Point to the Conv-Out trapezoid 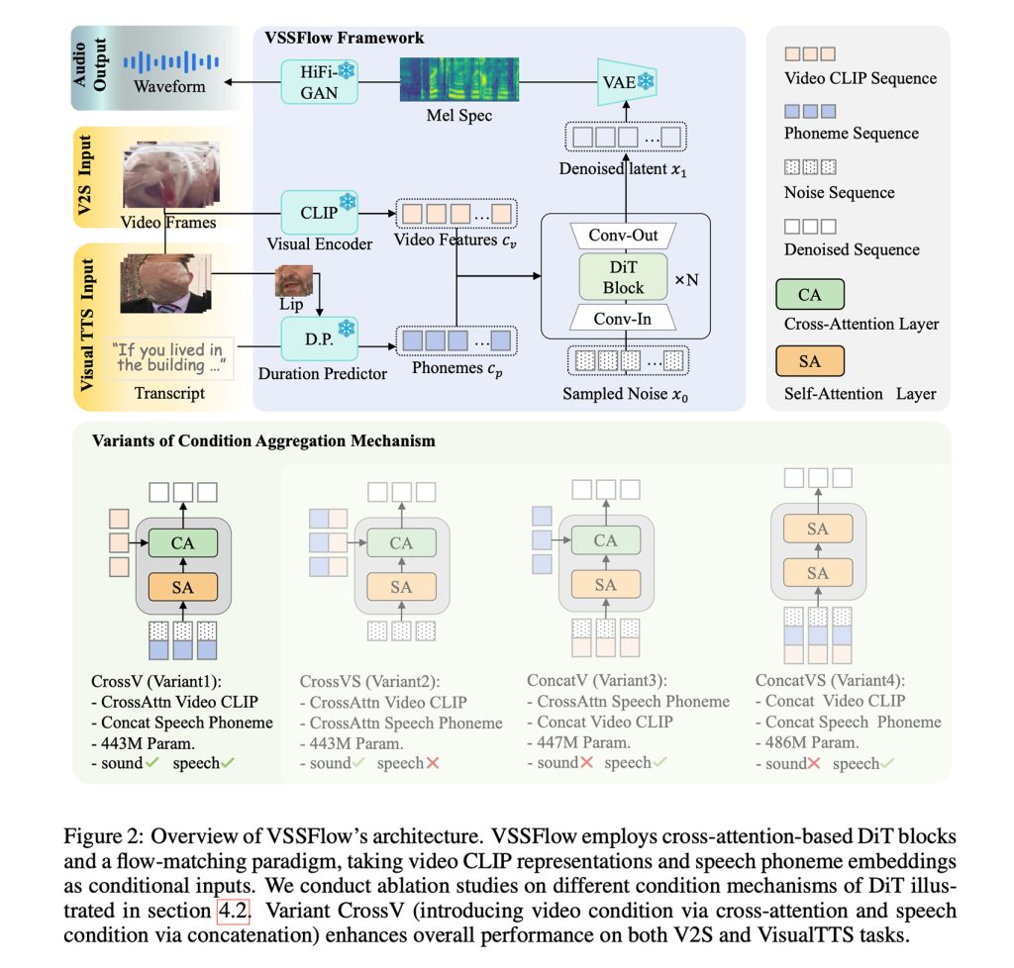[x=625, y=237]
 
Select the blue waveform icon [x=170, y=62]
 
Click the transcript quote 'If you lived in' [x=167, y=349]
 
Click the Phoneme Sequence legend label [x=851, y=134]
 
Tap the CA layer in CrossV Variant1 [x=182, y=543]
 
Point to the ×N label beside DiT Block [x=687, y=279]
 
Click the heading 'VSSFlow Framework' [x=345, y=39]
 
